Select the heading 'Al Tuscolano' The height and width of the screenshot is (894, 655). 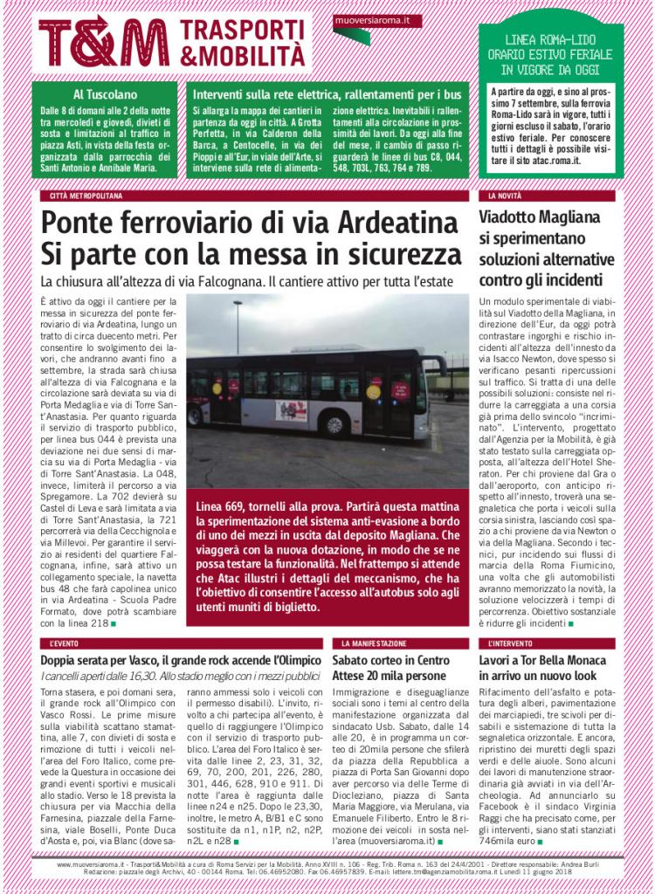pos(105,94)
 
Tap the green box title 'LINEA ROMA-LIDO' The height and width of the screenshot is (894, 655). pos(550,39)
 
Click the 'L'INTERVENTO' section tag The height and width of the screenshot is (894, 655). pos(509,643)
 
